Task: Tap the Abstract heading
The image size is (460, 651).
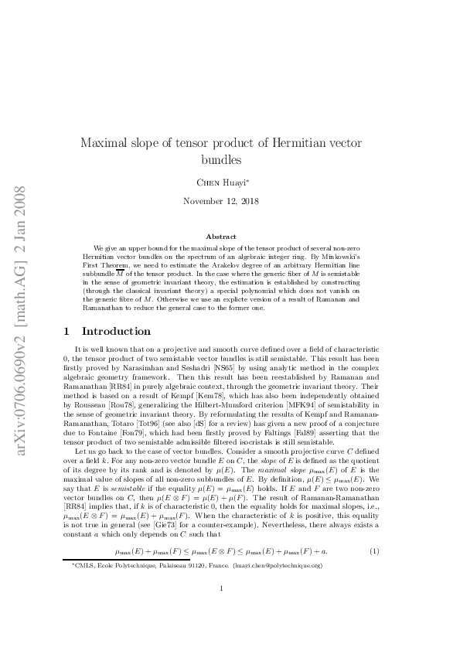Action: tap(221, 236)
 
